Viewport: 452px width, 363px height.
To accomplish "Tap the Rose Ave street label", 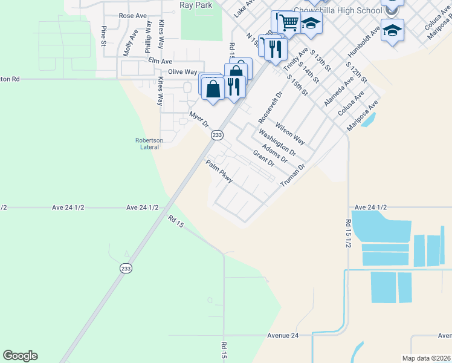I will (134, 16).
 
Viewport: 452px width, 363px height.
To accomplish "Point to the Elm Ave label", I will (160, 61).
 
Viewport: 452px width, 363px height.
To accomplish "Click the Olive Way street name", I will (182, 72).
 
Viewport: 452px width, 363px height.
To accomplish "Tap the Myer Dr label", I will (199, 119).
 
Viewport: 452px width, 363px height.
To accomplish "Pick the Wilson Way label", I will (290, 134).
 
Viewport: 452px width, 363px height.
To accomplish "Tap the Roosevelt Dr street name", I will (270, 106).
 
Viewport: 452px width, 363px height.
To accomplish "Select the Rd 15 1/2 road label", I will (349, 234).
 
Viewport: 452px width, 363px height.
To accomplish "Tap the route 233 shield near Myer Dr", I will (218, 136).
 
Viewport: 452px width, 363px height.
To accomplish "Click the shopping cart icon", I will (289, 22).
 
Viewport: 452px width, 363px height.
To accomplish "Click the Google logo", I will (20, 355).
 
